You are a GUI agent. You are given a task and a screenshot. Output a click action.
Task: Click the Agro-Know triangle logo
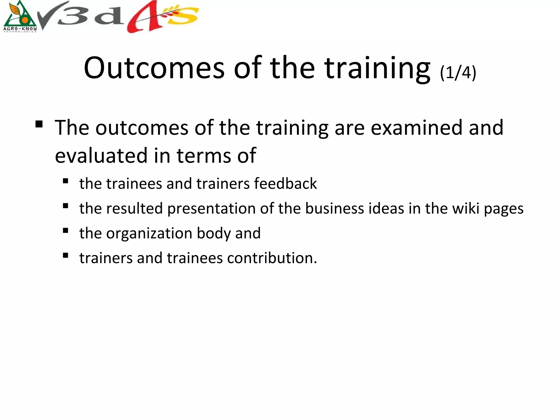point(20,16)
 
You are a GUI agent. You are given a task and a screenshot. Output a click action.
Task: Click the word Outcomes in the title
point(154,68)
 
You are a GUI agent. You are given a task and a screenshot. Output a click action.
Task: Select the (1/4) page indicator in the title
point(458,72)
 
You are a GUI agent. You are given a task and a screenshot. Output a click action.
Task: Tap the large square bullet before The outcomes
point(39,124)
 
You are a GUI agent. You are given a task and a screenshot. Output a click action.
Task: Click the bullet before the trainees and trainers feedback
point(65,181)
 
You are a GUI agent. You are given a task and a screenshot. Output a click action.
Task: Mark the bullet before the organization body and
point(65,231)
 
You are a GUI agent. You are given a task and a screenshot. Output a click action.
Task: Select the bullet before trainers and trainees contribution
point(65,256)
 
